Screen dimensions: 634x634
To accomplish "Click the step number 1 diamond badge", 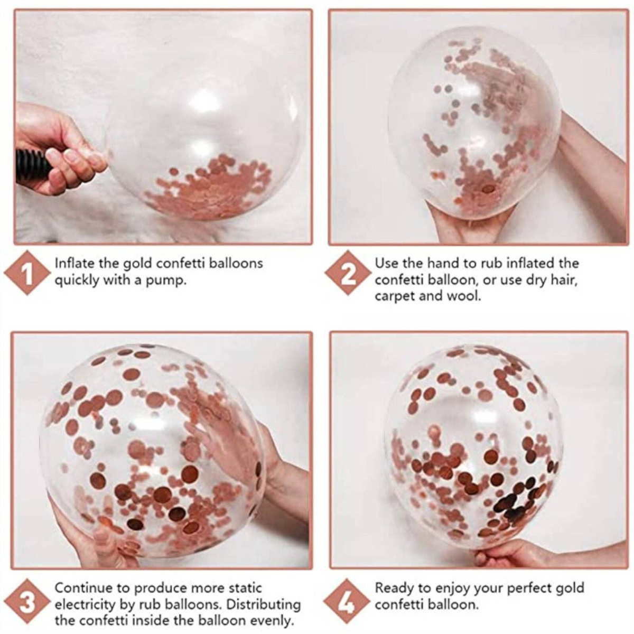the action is (x=27, y=273).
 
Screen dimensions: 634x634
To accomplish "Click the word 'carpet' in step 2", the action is (x=395, y=297).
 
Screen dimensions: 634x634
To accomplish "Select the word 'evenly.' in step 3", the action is (x=271, y=621).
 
